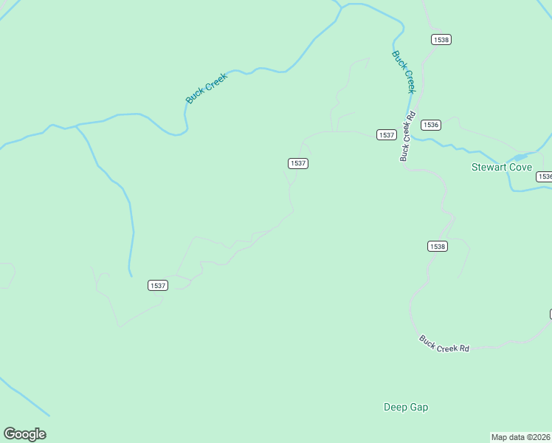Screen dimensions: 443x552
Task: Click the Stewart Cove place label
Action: [x=501, y=167]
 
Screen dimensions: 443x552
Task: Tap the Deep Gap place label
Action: [x=406, y=407]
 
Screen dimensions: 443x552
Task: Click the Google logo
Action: [x=24, y=434]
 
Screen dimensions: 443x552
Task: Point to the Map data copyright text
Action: [x=520, y=437]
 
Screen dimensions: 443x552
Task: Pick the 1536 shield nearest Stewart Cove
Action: [x=545, y=176]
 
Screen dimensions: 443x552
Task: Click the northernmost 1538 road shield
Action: [x=441, y=39]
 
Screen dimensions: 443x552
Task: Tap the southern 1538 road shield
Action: [x=437, y=246]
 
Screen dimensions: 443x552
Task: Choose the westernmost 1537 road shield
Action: [x=158, y=285]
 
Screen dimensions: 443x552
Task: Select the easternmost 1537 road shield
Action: [x=387, y=134]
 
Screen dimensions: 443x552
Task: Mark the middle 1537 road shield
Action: [x=298, y=163]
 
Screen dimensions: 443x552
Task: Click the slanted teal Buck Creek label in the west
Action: [x=207, y=88]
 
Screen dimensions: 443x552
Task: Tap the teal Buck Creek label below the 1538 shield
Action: [x=404, y=72]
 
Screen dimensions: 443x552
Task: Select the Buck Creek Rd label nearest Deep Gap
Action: [x=444, y=343]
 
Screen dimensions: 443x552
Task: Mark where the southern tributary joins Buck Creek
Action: [x=77, y=126]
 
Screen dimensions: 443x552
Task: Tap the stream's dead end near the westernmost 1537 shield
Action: [x=131, y=276]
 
